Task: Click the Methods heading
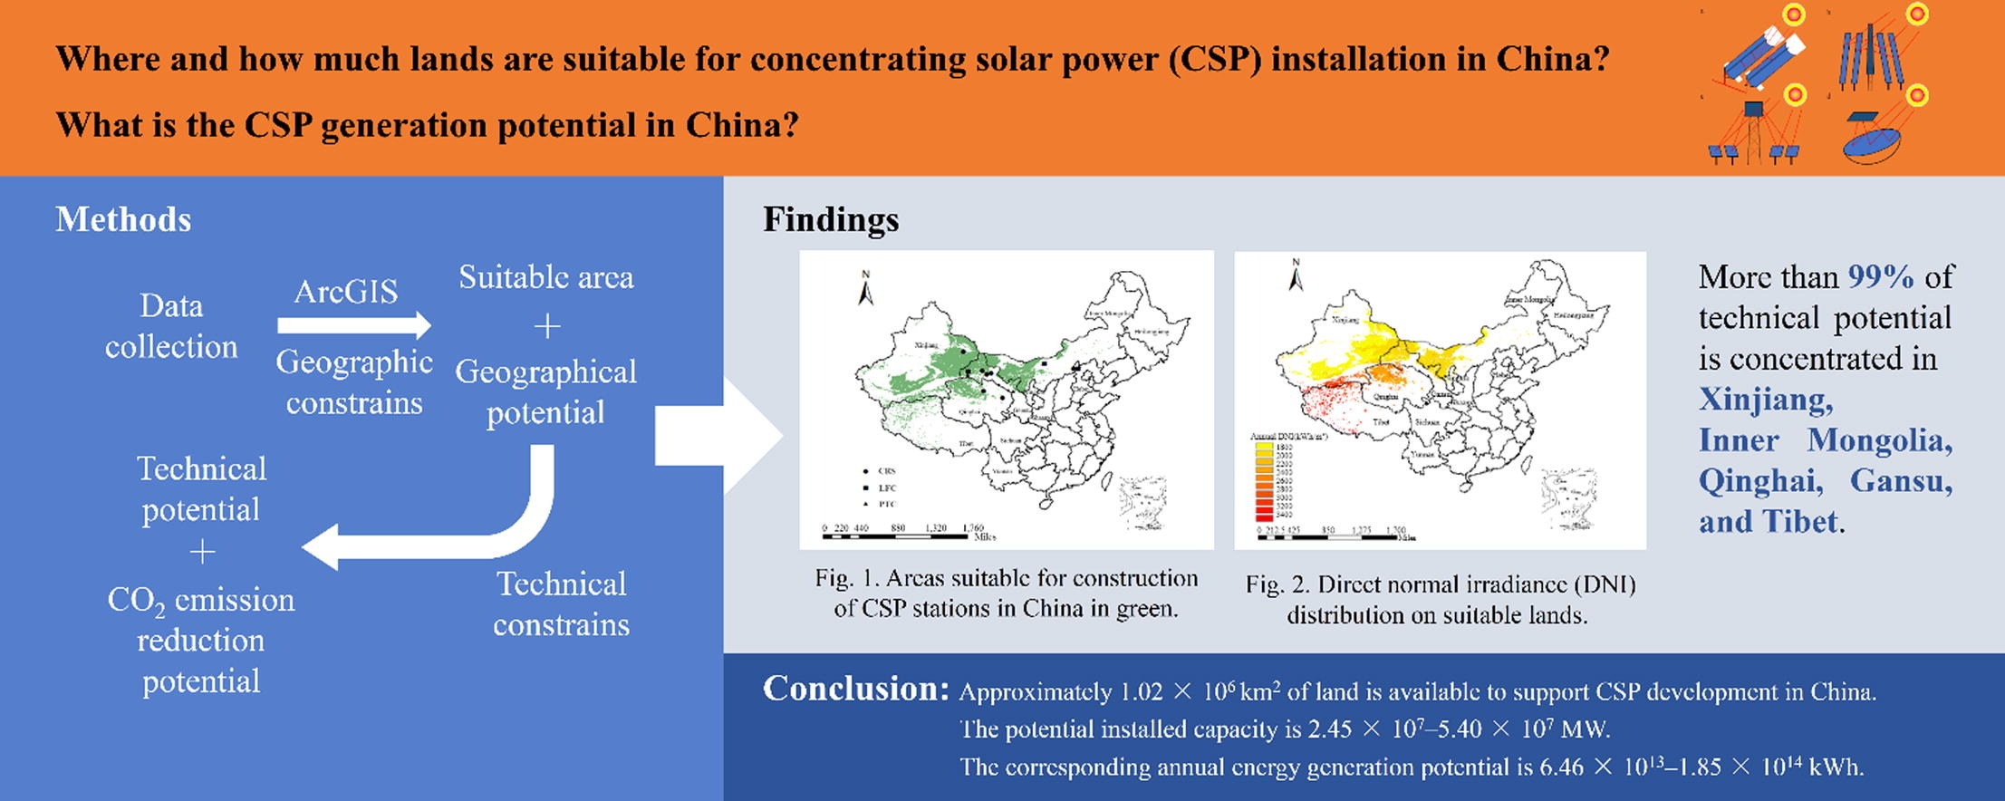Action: point(123,219)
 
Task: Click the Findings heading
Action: point(831,219)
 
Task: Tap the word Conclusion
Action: point(855,689)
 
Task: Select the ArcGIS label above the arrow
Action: point(346,291)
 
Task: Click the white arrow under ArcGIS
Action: point(353,324)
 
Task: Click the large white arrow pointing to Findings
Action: point(716,436)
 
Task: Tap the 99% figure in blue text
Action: point(1881,276)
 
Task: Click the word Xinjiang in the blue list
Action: point(1764,399)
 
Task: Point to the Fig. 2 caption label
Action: point(1275,584)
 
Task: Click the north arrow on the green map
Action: point(865,288)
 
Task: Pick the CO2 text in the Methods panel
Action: point(136,601)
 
